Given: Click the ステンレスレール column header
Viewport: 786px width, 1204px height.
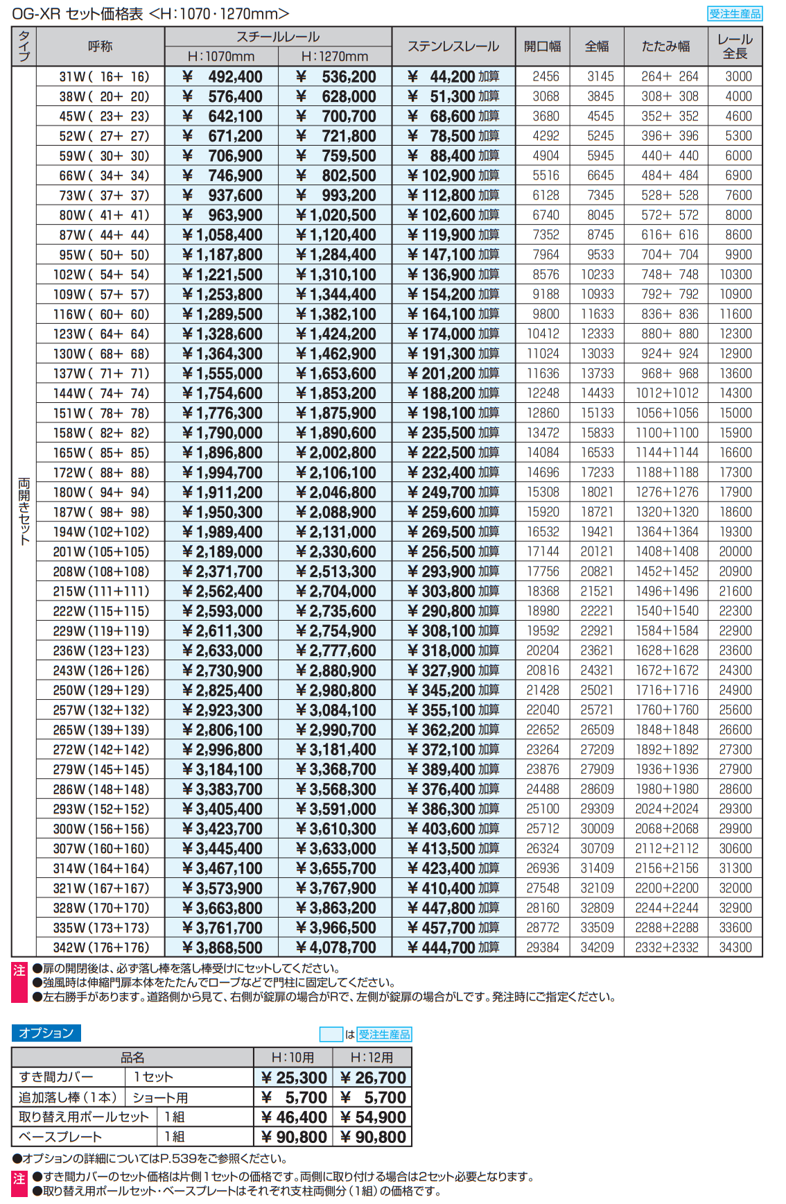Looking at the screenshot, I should [453, 46].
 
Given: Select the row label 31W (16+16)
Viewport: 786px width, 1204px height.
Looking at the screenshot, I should [101, 77].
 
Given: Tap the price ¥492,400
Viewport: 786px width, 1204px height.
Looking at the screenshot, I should [222, 77].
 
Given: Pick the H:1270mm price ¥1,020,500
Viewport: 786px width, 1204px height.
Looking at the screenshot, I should [335, 216].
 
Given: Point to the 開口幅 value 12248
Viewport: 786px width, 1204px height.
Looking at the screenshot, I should [543, 393].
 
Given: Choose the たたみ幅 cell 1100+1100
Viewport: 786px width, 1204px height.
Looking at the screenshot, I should [667, 433].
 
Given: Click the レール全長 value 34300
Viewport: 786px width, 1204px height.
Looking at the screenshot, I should [735, 947].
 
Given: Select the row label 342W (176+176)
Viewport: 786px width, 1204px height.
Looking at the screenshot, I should [101, 947].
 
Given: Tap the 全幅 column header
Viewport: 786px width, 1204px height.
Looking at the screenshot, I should [597, 46].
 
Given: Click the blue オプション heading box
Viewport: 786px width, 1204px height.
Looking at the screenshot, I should [46, 1033].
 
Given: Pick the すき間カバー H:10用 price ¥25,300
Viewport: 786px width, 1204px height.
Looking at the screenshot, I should [293, 1077].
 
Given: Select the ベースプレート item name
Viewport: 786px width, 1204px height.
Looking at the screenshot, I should [60, 1137].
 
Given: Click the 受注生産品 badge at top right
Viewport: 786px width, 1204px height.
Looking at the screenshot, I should [735, 14].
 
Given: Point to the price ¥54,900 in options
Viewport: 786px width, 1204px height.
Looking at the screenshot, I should [372, 1117].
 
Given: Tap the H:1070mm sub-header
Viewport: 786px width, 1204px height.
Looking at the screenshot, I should [221, 57].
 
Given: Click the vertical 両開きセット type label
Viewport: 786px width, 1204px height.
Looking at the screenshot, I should [24, 511].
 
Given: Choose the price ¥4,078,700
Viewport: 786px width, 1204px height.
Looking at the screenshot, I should [335, 947].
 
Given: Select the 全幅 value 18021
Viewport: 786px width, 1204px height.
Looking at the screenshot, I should [597, 492].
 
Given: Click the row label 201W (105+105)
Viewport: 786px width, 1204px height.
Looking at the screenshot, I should [101, 552].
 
